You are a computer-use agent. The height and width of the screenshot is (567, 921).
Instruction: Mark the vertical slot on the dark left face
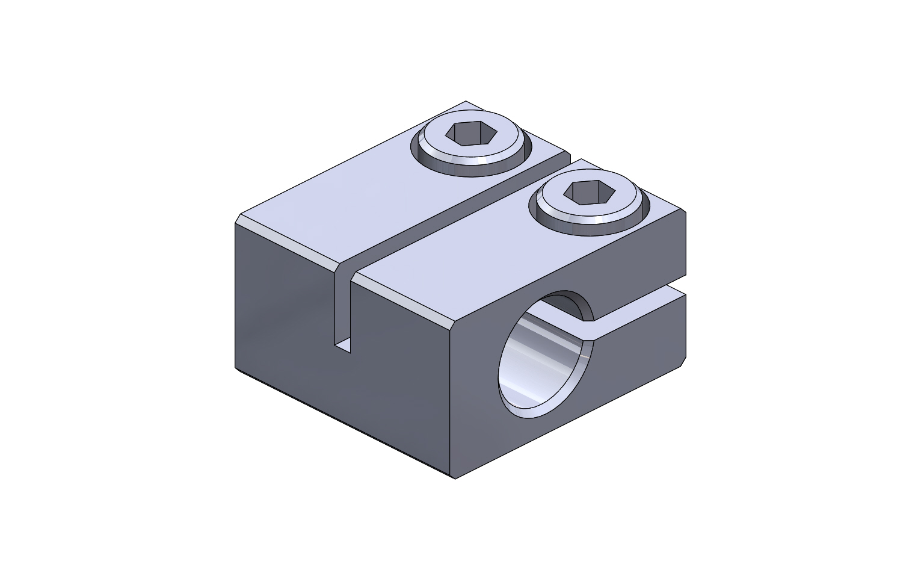[342, 307]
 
